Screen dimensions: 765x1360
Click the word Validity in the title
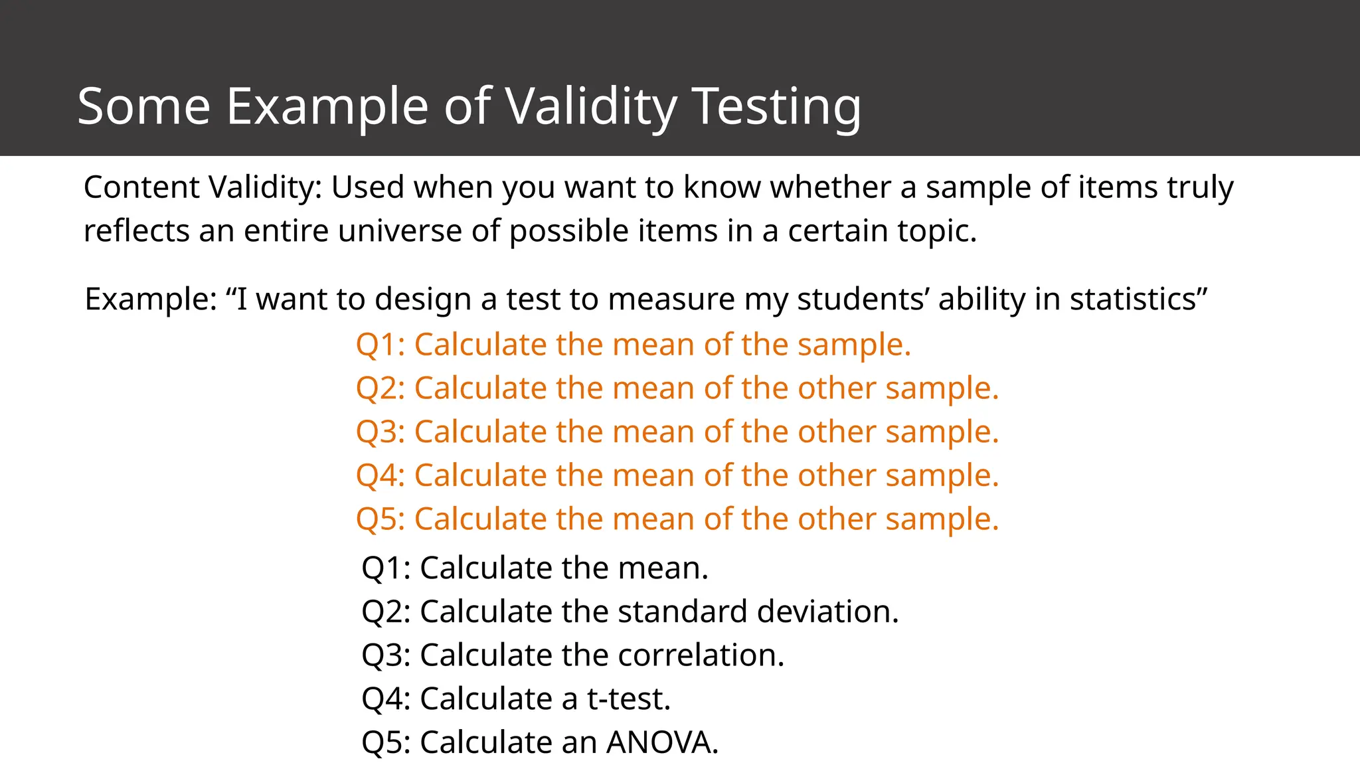591,106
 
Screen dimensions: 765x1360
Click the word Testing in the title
777,106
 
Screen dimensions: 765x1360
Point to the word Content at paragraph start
141,187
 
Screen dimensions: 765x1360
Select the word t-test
628,699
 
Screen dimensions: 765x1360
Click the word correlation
701,655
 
